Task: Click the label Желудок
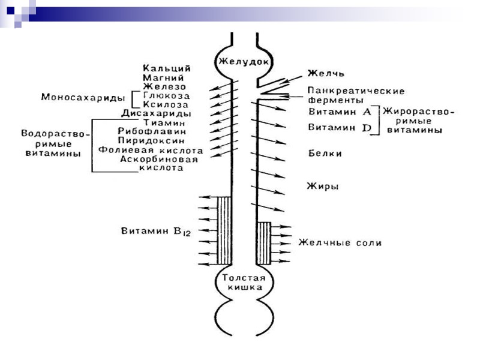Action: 242,61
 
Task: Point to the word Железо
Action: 163,86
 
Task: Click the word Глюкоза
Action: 167,95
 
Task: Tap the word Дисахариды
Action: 157,113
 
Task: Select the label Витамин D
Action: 340,127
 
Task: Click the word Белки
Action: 325,154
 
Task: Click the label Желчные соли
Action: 340,244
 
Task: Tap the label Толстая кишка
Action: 242,283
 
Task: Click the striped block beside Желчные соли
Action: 264,244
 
